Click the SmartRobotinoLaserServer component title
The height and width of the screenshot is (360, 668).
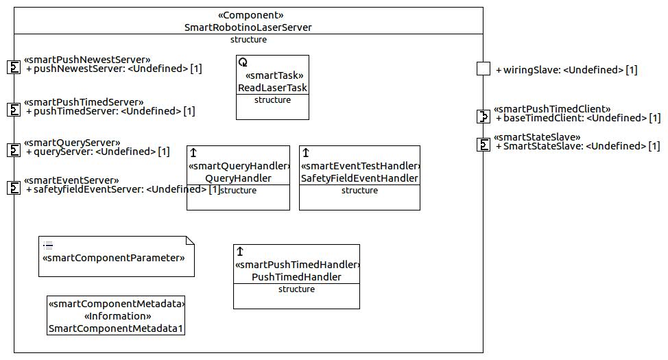(248, 27)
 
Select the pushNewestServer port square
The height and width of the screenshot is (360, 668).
(14, 67)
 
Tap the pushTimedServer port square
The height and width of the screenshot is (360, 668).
(14, 110)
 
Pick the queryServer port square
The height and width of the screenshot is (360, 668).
(14, 150)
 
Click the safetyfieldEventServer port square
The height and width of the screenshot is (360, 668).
(14, 188)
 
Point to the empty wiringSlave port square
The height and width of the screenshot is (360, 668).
(483, 69)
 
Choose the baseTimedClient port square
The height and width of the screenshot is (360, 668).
(483, 117)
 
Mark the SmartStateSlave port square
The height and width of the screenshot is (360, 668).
(483, 145)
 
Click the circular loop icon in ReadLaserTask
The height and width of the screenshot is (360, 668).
(243, 62)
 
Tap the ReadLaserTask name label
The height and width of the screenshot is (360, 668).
(272, 88)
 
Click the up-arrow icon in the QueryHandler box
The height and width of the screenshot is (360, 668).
(193, 152)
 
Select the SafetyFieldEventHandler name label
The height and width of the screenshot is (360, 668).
(359, 178)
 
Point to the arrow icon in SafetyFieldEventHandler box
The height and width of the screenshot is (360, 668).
(305, 152)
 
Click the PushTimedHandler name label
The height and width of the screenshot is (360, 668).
(296, 277)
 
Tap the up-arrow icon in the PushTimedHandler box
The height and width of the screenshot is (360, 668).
(240, 252)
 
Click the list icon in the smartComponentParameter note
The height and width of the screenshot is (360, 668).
(48, 245)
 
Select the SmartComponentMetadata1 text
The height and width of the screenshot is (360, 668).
(115, 328)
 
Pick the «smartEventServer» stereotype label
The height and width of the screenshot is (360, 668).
(71, 180)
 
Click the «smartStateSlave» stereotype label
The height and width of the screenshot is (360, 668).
(537, 137)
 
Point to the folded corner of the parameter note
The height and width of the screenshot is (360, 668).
(190, 241)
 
